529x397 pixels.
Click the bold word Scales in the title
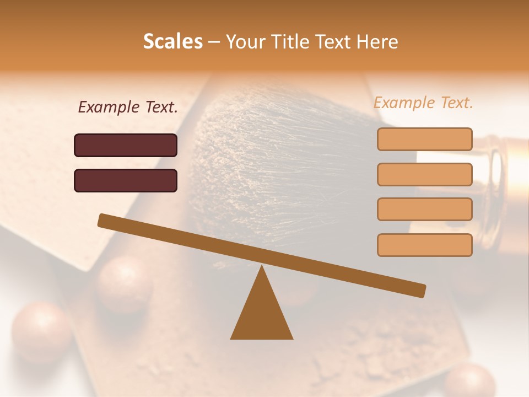[173, 41]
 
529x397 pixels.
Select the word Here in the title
[377, 41]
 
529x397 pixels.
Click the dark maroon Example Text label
[128, 107]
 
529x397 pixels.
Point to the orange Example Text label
[423, 103]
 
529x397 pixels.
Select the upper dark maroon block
[126, 145]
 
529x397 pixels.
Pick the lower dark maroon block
[126, 180]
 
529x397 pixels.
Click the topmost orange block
[424, 139]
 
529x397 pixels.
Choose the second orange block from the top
[424, 174]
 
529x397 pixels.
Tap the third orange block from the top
[424, 210]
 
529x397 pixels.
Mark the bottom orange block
[424, 245]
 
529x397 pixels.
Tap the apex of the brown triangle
[262, 268]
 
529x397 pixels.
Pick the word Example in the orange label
[404, 103]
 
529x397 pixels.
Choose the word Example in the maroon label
[109, 107]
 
